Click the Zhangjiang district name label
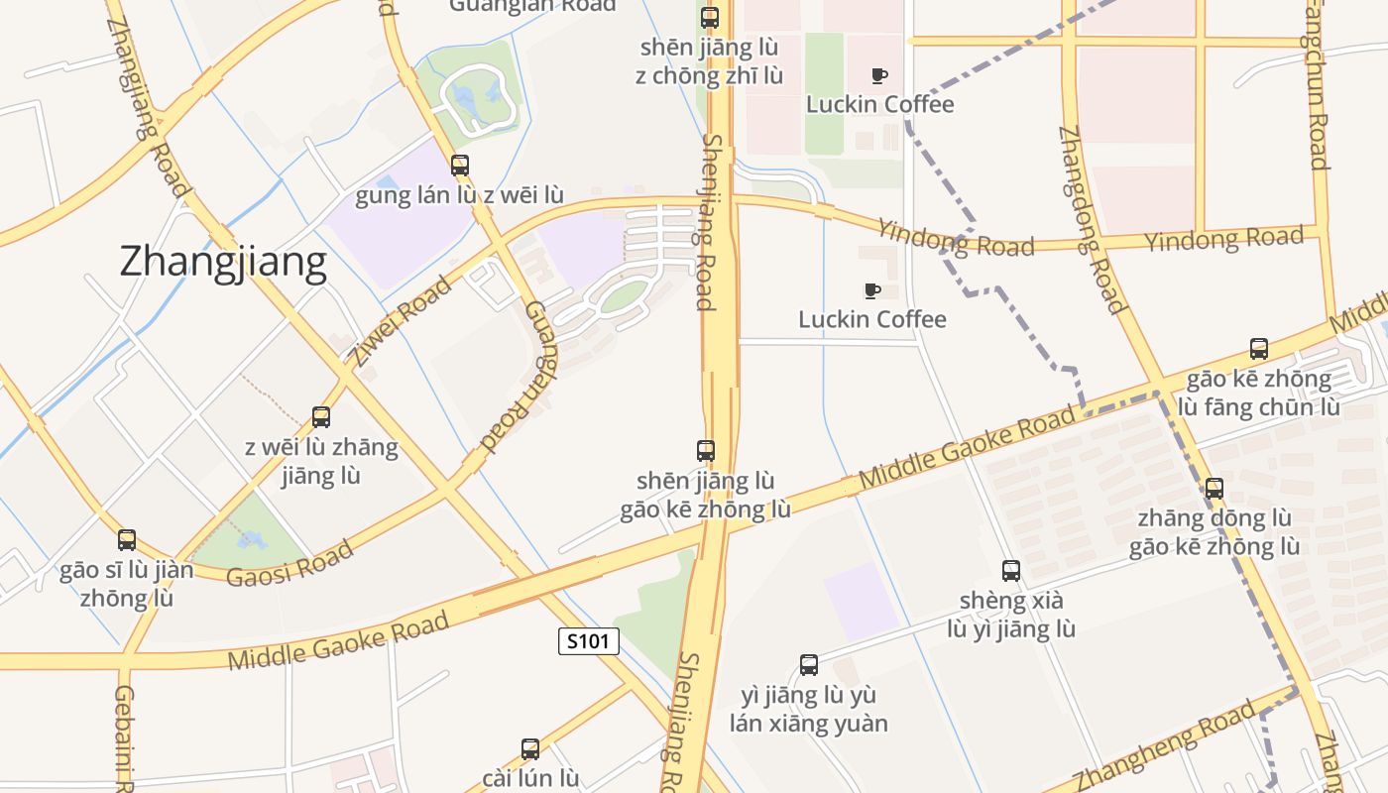223,262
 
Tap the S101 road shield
589,641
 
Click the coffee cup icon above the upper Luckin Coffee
879,76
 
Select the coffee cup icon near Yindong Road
872,291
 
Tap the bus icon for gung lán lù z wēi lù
460,166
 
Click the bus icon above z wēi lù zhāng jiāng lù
321,416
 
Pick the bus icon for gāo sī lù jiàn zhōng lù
127,540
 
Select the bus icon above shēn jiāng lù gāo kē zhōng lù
706,451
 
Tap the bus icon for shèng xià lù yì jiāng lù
1011,571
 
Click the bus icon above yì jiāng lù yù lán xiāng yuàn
809,665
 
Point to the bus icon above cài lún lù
530,748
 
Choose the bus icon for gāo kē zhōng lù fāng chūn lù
1259,349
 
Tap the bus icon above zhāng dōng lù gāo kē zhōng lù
1214,488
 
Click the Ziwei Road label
401,321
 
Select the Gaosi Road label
289,564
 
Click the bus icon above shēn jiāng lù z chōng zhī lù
710,18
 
